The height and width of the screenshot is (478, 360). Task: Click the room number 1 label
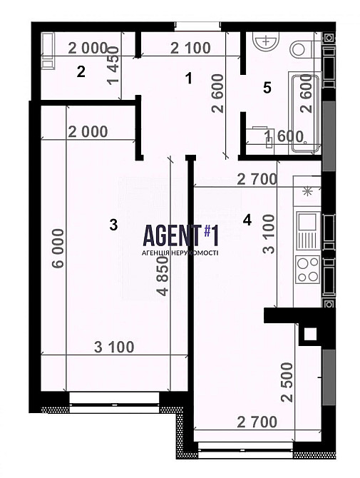pos(189,78)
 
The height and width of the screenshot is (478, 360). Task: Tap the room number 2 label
pos(81,72)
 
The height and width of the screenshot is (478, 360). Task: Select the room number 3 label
pos(113,225)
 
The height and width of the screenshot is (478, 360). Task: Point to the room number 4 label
pos(247,220)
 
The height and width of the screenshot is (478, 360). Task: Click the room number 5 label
pos(267,88)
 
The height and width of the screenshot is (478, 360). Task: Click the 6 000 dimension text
pos(58,248)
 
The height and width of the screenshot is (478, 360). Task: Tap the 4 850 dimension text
pos(163,276)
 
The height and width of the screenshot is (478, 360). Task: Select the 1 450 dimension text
pos(113,65)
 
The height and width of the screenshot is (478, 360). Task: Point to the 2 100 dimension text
pos(190,49)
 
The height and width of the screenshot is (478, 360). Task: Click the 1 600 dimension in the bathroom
pos(284,136)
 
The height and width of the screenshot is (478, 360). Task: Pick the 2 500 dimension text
pos(287,382)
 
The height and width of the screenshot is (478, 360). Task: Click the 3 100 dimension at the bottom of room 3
pos(114,347)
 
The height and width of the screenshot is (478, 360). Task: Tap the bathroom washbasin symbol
pos(266,41)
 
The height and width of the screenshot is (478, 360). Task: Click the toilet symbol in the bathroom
pos(302,49)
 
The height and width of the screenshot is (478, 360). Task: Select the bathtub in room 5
pos(306,113)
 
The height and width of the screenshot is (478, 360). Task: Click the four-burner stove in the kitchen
pos(308,269)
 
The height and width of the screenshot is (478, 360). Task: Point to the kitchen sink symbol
pos(307,230)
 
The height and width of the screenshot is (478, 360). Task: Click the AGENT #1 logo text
pos(180,235)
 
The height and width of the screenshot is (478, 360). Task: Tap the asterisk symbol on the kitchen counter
pos(307,192)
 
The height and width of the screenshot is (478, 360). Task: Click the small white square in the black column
pos(310,334)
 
